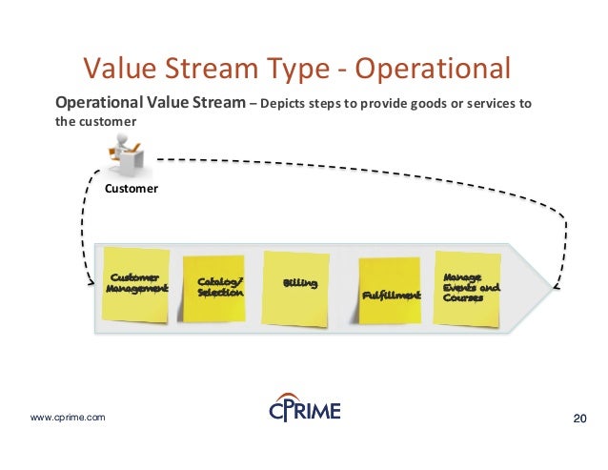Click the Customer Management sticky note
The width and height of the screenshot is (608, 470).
coord(136,282)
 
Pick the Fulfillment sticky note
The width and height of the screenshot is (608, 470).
coord(389,290)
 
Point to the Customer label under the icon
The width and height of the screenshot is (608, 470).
coord(132,189)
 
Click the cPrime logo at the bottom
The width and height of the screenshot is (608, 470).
coord(303,410)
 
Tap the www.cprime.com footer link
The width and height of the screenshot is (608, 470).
coord(69,418)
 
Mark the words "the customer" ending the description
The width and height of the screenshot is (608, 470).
coord(96,122)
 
